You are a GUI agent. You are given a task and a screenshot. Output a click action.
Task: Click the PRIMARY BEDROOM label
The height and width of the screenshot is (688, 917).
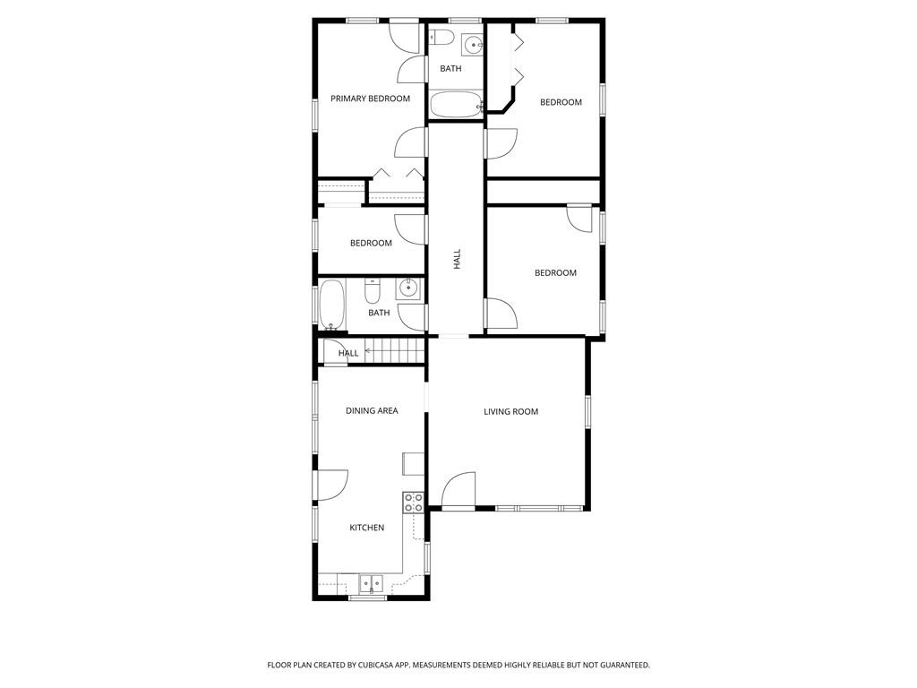point(370,99)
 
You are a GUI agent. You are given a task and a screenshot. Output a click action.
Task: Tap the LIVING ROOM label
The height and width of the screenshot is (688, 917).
point(510,411)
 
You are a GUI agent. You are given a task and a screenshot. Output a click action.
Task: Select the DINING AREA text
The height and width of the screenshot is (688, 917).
point(372,410)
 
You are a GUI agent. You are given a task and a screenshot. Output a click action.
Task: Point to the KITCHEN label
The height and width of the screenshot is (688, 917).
point(366,528)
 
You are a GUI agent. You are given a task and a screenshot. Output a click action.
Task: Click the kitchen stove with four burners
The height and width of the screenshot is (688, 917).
point(414,503)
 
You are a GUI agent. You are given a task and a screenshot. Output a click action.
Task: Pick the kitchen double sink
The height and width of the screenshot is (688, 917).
point(371,583)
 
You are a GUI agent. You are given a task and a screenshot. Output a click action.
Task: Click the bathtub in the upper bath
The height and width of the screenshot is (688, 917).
point(456,105)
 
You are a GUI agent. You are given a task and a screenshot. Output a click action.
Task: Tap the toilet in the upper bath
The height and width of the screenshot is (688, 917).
point(442,37)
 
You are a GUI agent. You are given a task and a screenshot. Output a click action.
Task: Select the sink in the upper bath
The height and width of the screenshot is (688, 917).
point(473,44)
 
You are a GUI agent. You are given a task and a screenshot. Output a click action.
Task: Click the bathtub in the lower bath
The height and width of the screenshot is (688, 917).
point(331,305)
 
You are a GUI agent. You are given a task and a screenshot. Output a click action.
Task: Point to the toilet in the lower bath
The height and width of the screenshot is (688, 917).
point(373,289)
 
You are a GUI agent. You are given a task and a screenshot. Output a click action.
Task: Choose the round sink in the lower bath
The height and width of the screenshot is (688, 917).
point(407,289)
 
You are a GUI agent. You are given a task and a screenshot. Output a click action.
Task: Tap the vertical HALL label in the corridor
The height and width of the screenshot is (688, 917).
point(458,259)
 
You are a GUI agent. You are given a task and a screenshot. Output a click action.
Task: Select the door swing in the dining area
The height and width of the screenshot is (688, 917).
point(332,485)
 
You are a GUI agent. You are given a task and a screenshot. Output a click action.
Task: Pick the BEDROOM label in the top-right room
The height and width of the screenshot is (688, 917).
point(561,102)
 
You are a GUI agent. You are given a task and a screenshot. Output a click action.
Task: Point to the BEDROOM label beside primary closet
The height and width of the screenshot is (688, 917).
point(371,243)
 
